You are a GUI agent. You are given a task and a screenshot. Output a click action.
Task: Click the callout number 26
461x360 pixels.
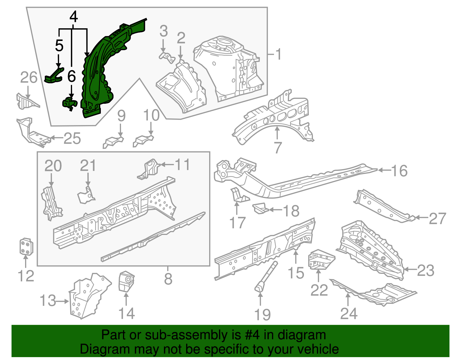coord(29,78)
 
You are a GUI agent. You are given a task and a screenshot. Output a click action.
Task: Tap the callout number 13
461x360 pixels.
coord(48,301)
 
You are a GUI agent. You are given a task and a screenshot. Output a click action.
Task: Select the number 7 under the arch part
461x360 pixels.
coord(277,148)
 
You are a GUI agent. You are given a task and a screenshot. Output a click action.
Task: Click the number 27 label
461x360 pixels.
coord(437,218)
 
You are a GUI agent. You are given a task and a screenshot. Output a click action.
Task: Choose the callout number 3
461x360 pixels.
coord(163,31)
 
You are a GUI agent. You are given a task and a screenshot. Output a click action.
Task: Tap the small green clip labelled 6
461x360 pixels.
coord(70,104)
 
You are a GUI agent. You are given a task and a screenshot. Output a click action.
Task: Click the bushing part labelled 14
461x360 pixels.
coord(126,281)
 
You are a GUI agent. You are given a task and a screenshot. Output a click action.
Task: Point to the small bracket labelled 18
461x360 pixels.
coord(260,209)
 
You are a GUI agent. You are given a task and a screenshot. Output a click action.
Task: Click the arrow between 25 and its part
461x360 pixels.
coord(57,138)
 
